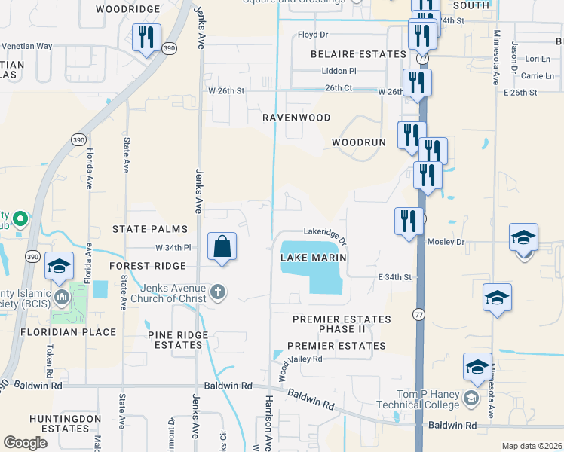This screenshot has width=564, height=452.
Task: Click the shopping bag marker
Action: pyautogui.click(x=222, y=247)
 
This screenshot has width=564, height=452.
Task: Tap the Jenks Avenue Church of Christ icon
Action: pyautogui.click(x=218, y=292)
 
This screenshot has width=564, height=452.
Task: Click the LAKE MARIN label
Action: pyautogui.click(x=314, y=258)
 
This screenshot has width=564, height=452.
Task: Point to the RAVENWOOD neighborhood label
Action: pyautogui.click(x=296, y=118)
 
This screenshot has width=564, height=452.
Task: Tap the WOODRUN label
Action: pyautogui.click(x=358, y=142)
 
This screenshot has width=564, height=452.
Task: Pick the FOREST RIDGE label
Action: pyautogui.click(x=147, y=266)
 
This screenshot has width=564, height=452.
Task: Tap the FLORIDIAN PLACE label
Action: pyautogui.click(x=69, y=332)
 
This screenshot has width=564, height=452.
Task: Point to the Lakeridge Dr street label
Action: pyautogui.click(x=324, y=237)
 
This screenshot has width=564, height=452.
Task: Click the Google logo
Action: pyautogui.click(x=25, y=443)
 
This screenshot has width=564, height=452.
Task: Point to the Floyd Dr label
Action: pyautogui.click(x=313, y=35)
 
